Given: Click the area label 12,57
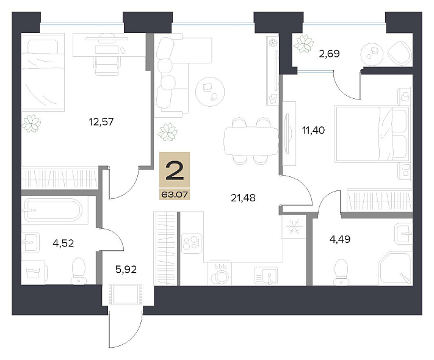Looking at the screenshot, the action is pos(101,121).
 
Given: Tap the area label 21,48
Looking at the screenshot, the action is pos(243,198).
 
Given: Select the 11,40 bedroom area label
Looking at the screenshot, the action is pos(313,130).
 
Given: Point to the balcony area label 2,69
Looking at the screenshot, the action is pos(329,54).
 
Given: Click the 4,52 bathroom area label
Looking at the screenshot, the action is pos(63,243).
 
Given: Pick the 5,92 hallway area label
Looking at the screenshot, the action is pos(126,269).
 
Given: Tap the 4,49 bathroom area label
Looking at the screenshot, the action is pos(340,239).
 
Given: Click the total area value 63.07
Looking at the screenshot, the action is pos(175,195).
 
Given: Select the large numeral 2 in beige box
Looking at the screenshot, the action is pos(175,170).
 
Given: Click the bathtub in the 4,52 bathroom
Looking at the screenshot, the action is pos(54,210).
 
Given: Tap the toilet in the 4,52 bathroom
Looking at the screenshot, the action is pos(79,271).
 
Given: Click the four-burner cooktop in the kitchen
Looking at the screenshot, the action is pos(192,243).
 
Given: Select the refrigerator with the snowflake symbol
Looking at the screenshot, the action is pos(294,226).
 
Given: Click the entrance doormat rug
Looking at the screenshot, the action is pos(126,294).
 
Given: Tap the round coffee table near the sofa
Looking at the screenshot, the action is pos(210,92).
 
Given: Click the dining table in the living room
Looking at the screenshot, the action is pos(251,141).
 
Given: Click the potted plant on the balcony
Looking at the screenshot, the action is pos(303,43).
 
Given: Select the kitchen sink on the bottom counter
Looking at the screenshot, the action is pos(266,276).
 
